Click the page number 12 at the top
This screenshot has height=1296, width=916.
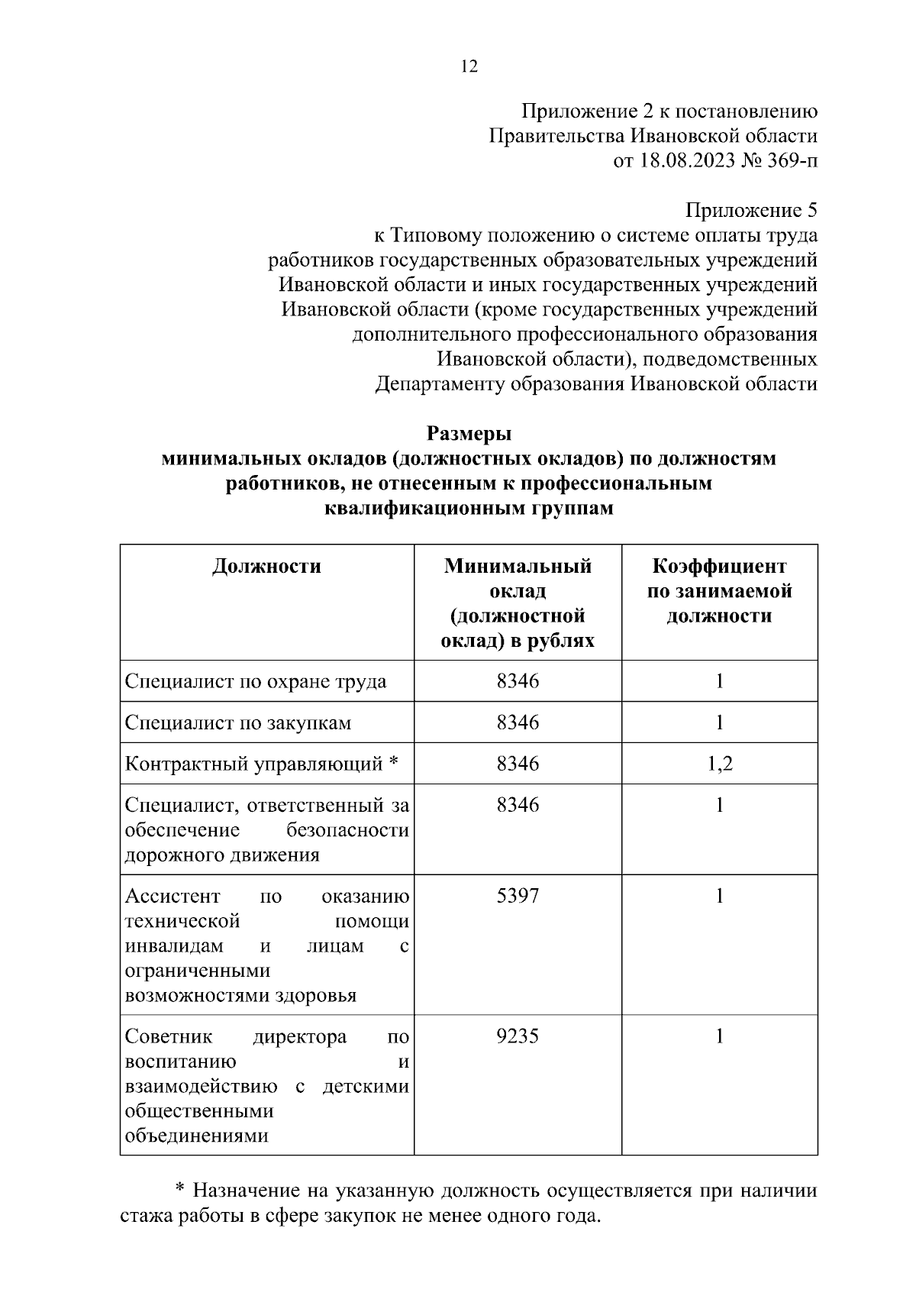point(469,66)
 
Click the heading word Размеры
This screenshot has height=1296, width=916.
point(469,434)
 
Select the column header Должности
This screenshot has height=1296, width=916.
point(266,566)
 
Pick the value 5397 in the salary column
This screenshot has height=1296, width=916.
point(518,896)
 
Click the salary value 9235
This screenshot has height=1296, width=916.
point(518,1036)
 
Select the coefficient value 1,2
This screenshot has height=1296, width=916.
point(719,764)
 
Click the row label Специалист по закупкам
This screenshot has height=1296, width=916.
point(237,722)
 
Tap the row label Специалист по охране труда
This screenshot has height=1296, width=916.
point(255,681)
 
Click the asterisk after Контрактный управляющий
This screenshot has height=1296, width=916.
point(394,763)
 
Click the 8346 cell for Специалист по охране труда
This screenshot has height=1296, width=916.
point(518,681)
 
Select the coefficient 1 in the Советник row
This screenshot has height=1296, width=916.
point(719,1036)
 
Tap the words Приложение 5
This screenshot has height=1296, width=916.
point(751,210)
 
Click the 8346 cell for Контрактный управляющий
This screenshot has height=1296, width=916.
point(518,764)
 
